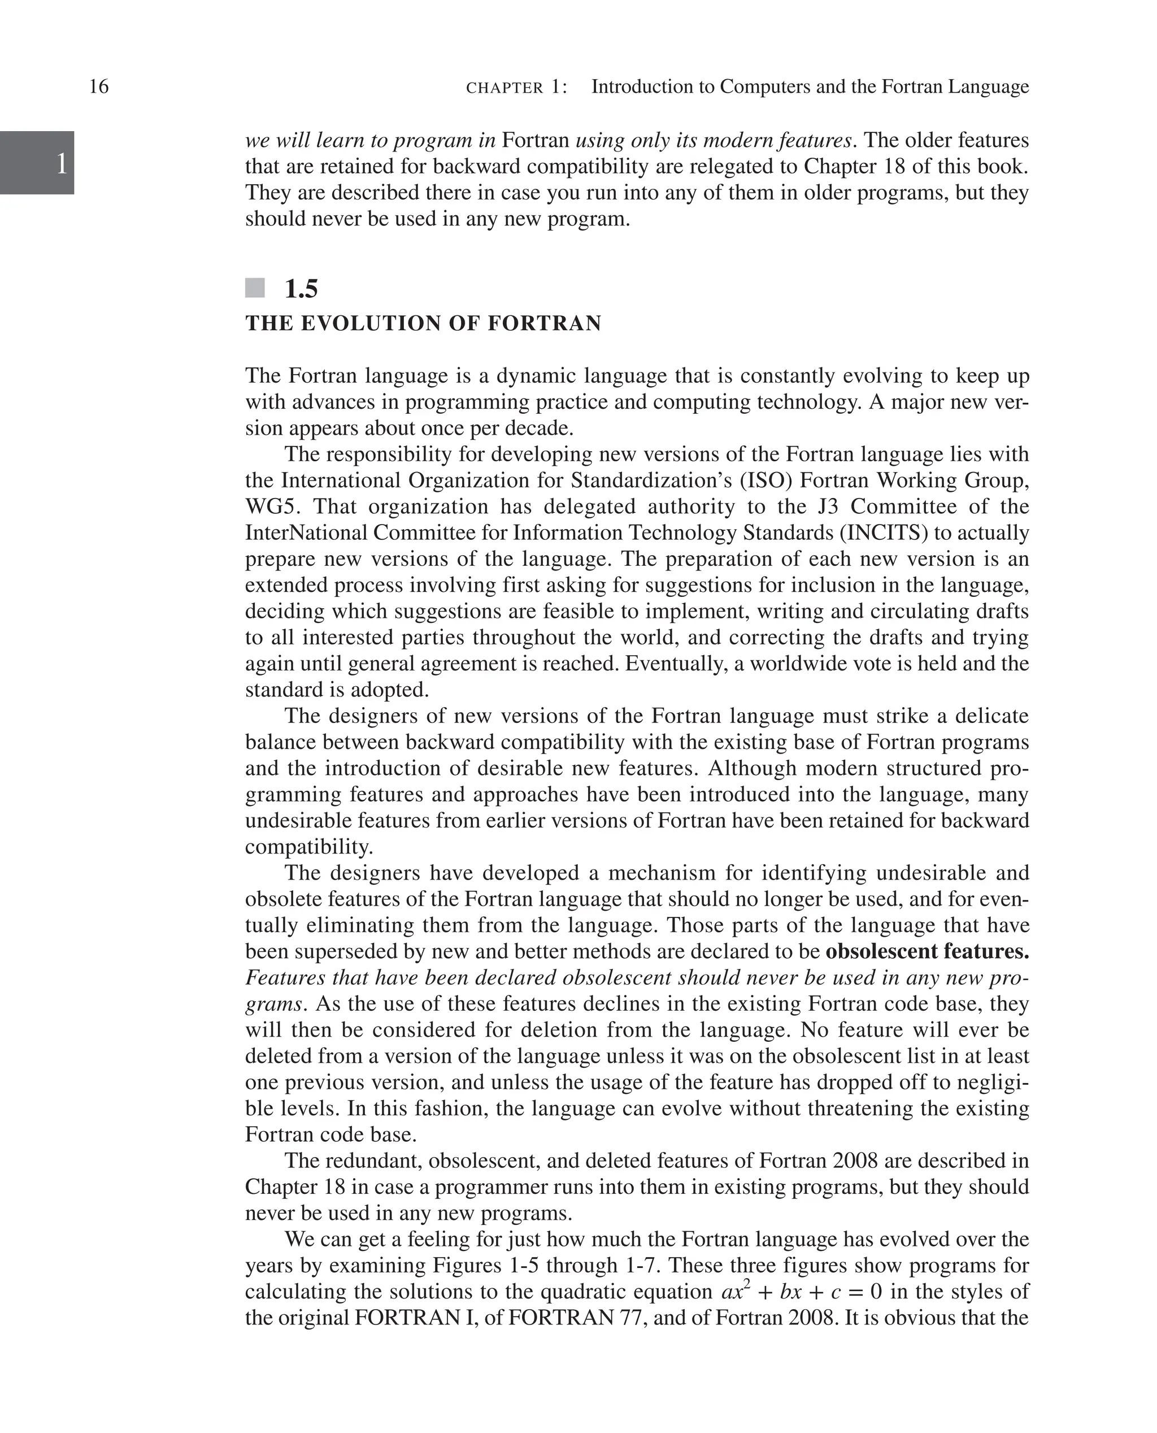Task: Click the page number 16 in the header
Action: point(99,86)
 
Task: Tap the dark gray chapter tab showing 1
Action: point(37,163)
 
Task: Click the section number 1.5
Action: point(301,289)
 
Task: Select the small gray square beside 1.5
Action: point(255,289)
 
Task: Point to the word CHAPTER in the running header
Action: point(504,88)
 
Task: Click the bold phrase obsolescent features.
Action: point(927,951)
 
